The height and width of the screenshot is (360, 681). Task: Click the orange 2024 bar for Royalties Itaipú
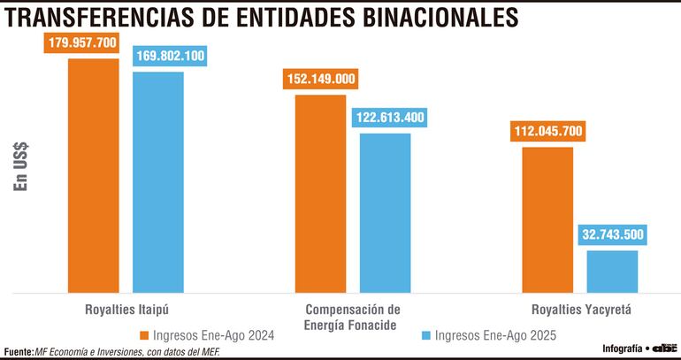tap(93, 175)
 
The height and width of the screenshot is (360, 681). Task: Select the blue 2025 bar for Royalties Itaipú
tap(158, 181)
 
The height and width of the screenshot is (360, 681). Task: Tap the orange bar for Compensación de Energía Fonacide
tap(319, 193)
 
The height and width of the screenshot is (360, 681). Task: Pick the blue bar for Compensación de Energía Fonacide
tap(385, 212)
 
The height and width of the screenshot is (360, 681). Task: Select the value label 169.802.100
tap(171, 57)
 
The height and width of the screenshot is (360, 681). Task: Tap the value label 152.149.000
tap(320, 80)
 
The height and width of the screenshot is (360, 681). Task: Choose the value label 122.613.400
tap(389, 117)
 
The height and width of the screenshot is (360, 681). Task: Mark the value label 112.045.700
tap(547, 132)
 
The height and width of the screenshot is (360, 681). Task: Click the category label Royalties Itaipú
tap(126, 310)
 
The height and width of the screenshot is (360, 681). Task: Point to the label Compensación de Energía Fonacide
tap(352, 318)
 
